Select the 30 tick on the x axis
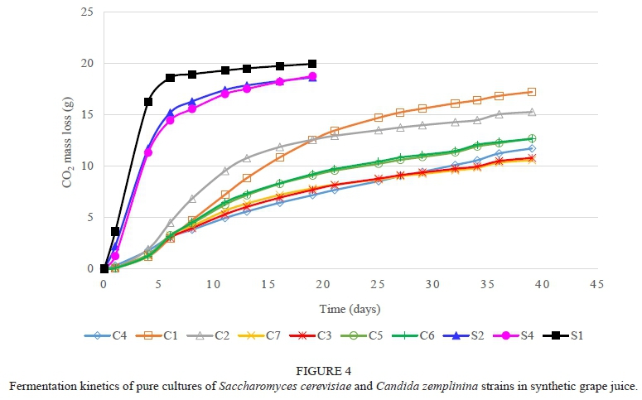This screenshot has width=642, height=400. pyautogui.click(x=432, y=284)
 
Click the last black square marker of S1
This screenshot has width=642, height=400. pyautogui.click(x=312, y=64)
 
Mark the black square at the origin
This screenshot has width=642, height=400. pyautogui.click(x=104, y=268)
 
